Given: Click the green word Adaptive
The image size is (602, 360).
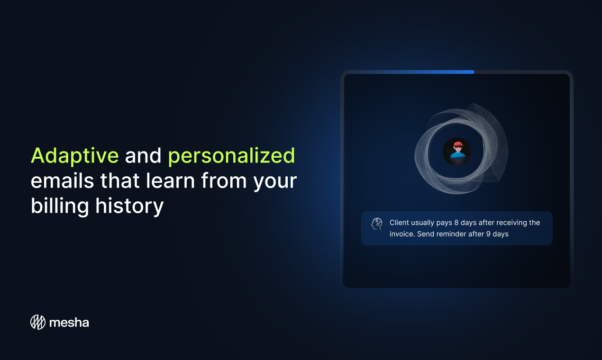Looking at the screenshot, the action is coord(75,155).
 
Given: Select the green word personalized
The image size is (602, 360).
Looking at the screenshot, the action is coord(231,156).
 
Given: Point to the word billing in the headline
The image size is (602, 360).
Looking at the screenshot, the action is coord(60,207).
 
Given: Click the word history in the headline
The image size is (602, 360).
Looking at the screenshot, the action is coord(129,207).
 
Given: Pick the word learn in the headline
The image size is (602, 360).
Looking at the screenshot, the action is coord(170,180).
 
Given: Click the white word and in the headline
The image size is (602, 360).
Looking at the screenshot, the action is coord(143,155).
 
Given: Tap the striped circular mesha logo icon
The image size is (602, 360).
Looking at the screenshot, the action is coord(38,322).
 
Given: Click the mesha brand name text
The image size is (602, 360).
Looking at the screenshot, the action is coord(69,323).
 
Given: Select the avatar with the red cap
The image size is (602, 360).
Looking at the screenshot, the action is coord(457,152).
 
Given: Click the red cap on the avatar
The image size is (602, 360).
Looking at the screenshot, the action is coord(458,144).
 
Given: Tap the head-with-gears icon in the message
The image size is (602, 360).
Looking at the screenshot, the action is coord(377,224).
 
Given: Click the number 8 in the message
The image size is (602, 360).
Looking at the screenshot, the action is coord(456,223).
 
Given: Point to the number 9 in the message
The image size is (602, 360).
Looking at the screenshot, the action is coord(488,234).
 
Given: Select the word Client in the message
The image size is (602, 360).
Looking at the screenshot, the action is coord(399,223).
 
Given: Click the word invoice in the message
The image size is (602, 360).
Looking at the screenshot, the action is coord(402,234).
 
